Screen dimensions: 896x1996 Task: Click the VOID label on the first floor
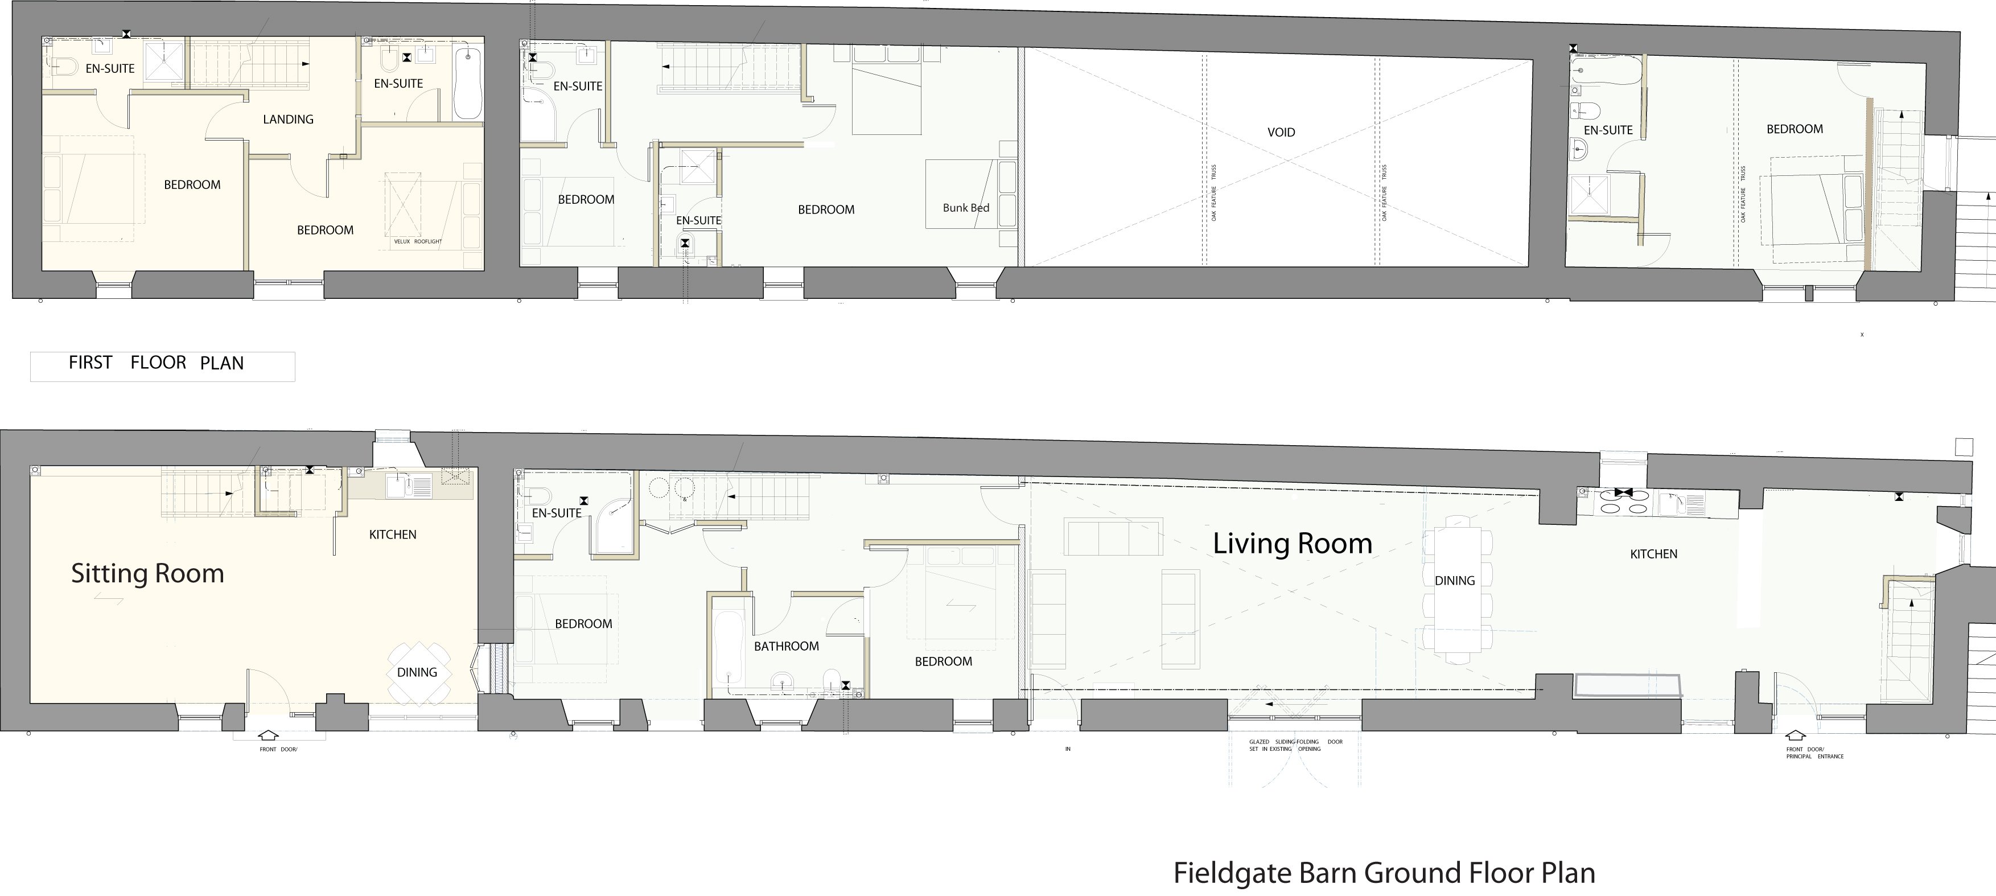click(x=1281, y=133)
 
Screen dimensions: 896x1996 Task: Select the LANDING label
click(x=287, y=120)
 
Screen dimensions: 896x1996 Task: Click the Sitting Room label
click(x=147, y=574)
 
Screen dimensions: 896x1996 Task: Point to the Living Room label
click(x=1291, y=543)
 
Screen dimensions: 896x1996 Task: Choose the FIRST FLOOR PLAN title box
click(x=162, y=366)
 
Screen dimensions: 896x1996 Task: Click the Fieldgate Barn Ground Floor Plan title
click(x=1384, y=873)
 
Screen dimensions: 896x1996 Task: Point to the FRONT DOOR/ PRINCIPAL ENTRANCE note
click(x=1814, y=753)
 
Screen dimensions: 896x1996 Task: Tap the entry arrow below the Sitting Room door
click(x=267, y=735)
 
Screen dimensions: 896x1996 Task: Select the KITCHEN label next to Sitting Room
click(x=392, y=535)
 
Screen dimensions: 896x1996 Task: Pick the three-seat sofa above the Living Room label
click(x=1113, y=538)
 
